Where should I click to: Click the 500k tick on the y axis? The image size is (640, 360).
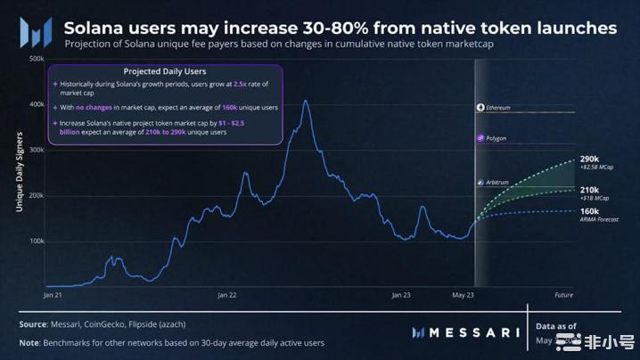pos(37,59)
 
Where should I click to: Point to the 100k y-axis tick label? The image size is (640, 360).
pos(37,241)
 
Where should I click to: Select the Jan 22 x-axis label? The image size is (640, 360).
pos(227,294)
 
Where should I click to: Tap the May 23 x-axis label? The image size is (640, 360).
pos(464,294)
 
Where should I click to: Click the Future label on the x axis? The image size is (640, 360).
pos(563,294)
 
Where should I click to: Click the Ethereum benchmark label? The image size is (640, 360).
pos(497,108)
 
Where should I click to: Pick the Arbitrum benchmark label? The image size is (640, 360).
pos(496,183)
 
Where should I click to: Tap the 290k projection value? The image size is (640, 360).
pos(589,159)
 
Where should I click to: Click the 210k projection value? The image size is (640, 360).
pos(589,190)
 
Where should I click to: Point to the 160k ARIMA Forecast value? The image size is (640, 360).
pos(589,211)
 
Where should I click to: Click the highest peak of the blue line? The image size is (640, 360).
pos(306,101)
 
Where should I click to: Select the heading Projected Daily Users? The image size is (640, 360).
pos(165,71)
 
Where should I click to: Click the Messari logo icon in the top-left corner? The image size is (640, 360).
pos(36,33)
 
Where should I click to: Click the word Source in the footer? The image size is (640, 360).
pos(34,324)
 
